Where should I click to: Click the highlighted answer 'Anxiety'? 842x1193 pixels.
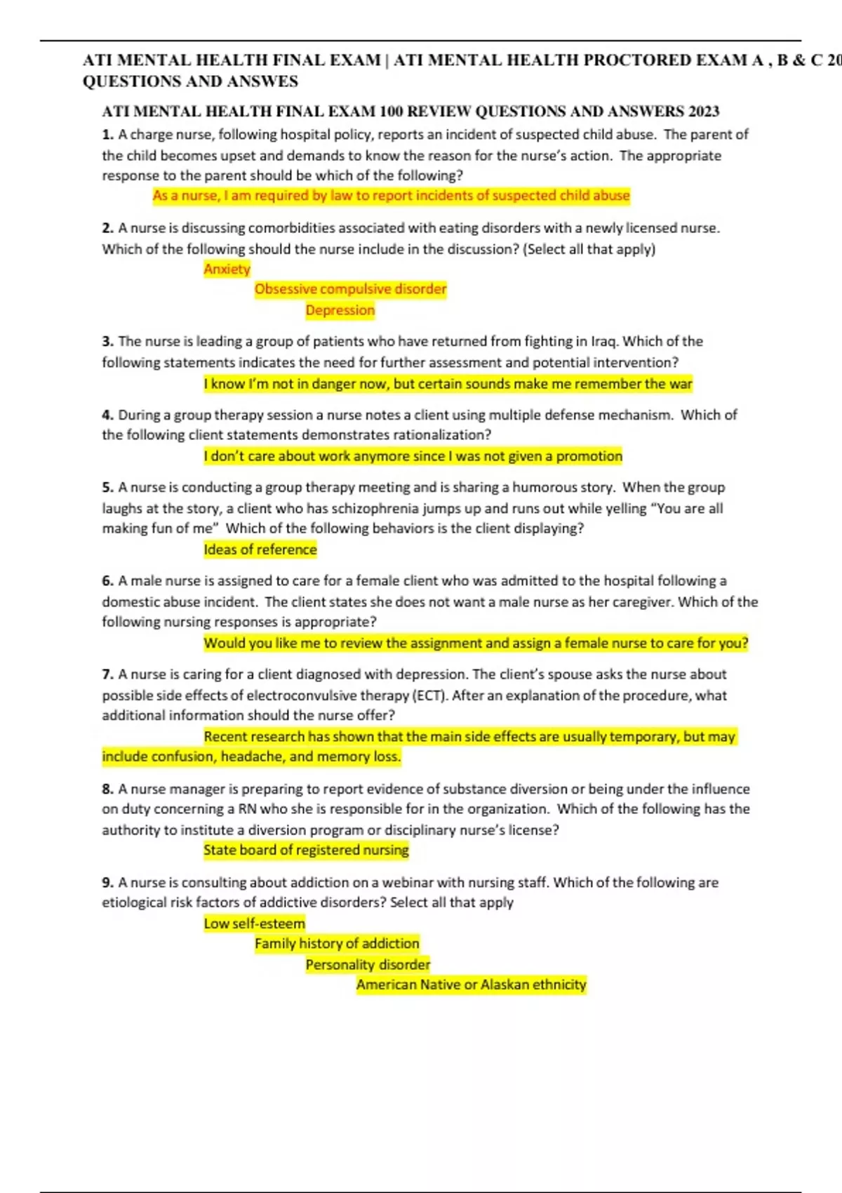(x=227, y=269)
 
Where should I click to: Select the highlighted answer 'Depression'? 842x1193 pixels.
(x=340, y=310)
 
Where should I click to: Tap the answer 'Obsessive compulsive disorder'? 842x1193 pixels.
(x=350, y=289)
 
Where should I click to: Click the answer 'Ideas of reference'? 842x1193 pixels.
(x=260, y=549)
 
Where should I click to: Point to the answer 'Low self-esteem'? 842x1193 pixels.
(x=254, y=924)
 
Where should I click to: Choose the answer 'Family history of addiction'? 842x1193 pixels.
(x=337, y=944)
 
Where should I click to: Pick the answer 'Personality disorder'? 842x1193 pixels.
(x=368, y=965)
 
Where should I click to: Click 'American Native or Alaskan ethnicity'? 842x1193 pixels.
(x=471, y=985)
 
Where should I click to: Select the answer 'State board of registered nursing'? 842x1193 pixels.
(x=306, y=850)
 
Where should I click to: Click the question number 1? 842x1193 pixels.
(x=107, y=135)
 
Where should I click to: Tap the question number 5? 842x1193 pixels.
(x=107, y=488)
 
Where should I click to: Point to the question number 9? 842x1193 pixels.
(x=107, y=883)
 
